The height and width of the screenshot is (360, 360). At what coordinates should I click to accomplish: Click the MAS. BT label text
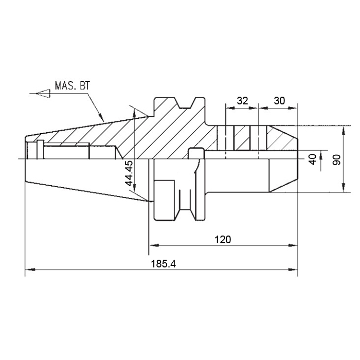[x=72, y=86]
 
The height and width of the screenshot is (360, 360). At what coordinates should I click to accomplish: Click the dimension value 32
[x=242, y=101]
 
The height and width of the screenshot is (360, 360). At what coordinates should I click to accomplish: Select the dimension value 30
[x=279, y=101]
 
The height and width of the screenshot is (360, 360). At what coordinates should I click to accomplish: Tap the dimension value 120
[x=223, y=240]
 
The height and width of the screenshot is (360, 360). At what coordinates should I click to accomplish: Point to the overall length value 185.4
[x=163, y=264]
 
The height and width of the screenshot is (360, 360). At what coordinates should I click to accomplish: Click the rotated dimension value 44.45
[x=129, y=173]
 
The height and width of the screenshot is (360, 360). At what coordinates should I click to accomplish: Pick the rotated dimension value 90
[x=337, y=159]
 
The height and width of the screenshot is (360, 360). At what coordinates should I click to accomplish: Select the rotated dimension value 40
[x=313, y=159]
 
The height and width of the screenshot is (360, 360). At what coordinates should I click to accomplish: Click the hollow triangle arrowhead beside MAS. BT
[x=43, y=94]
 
